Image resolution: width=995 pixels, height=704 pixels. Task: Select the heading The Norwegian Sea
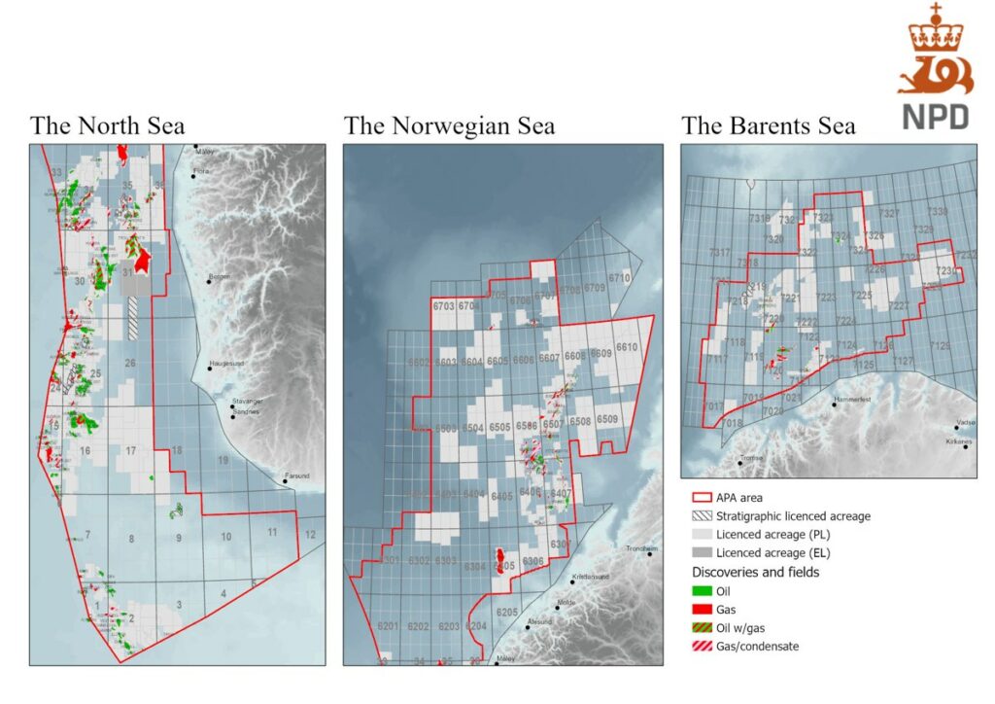(x=449, y=126)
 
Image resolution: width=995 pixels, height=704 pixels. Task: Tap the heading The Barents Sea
(x=769, y=126)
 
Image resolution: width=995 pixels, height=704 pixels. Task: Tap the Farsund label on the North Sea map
(x=294, y=476)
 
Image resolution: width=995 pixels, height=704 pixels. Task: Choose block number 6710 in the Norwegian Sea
(x=619, y=278)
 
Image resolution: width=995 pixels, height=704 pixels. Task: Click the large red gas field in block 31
(x=143, y=259)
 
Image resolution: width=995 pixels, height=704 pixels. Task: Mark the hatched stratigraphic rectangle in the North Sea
(x=133, y=317)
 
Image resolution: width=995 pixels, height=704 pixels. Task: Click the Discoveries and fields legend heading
(x=755, y=572)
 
